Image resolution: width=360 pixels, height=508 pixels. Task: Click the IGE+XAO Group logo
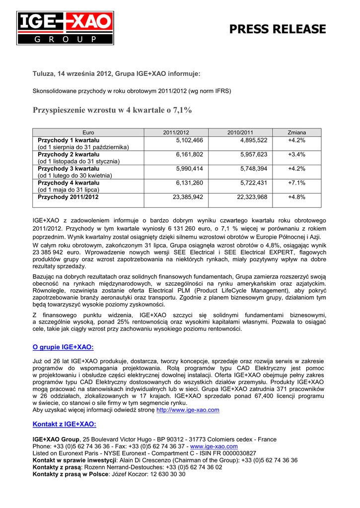click(65, 28)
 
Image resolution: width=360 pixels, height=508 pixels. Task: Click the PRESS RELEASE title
click(278, 29)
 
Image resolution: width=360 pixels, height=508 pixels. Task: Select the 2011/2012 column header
click(176, 133)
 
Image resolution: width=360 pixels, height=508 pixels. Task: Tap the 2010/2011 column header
click(240, 133)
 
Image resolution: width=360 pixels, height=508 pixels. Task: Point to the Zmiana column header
click(297, 133)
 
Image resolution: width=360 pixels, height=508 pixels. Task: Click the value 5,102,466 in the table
click(189, 140)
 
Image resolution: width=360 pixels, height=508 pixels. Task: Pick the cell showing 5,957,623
click(253, 155)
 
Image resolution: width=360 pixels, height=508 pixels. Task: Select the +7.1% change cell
click(296, 183)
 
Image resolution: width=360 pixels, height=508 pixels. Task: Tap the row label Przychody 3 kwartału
click(69, 169)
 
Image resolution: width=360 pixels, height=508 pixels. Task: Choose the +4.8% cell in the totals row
click(296, 197)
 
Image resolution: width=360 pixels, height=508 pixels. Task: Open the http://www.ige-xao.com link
click(188, 410)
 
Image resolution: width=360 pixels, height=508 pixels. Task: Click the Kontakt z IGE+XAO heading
click(64, 424)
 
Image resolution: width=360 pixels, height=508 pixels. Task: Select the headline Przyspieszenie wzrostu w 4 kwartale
click(112, 110)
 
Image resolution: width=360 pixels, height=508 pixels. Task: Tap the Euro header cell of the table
click(88, 133)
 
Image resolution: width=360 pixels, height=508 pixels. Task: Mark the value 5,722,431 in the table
click(253, 183)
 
